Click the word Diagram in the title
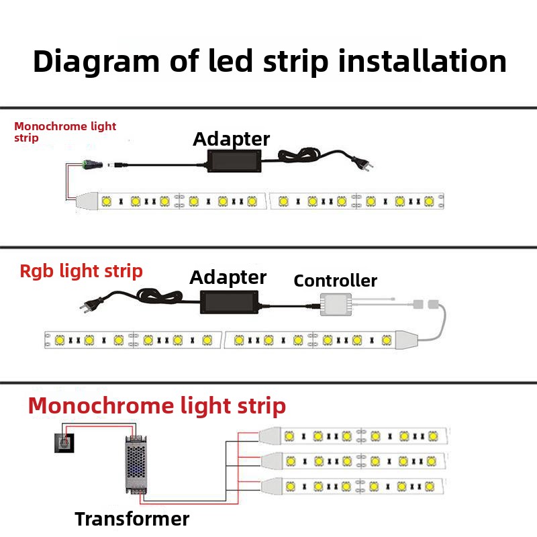click(x=96, y=62)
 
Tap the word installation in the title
click(x=422, y=61)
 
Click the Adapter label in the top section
click(x=231, y=140)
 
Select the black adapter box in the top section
click(x=234, y=161)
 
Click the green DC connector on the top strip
click(x=93, y=164)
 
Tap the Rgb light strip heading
click(x=81, y=272)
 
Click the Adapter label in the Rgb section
click(x=228, y=278)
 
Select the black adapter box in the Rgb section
click(x=229, y=302)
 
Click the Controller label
click(x=335, y=281)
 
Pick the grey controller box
click(x=336, y=305)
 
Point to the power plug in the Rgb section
click(x=91, y=304)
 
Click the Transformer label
click(x=132, y=519)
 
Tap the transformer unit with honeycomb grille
click(x=136, y=465)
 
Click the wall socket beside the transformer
click(x=64, y=443)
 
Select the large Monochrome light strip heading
click(x=157, y=406)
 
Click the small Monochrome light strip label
click(x=65, y=132)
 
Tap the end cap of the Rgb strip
click(x=407, y=340)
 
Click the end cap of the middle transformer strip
click(x=272, y=461)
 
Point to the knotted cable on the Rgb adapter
click(x=159, y=296)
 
